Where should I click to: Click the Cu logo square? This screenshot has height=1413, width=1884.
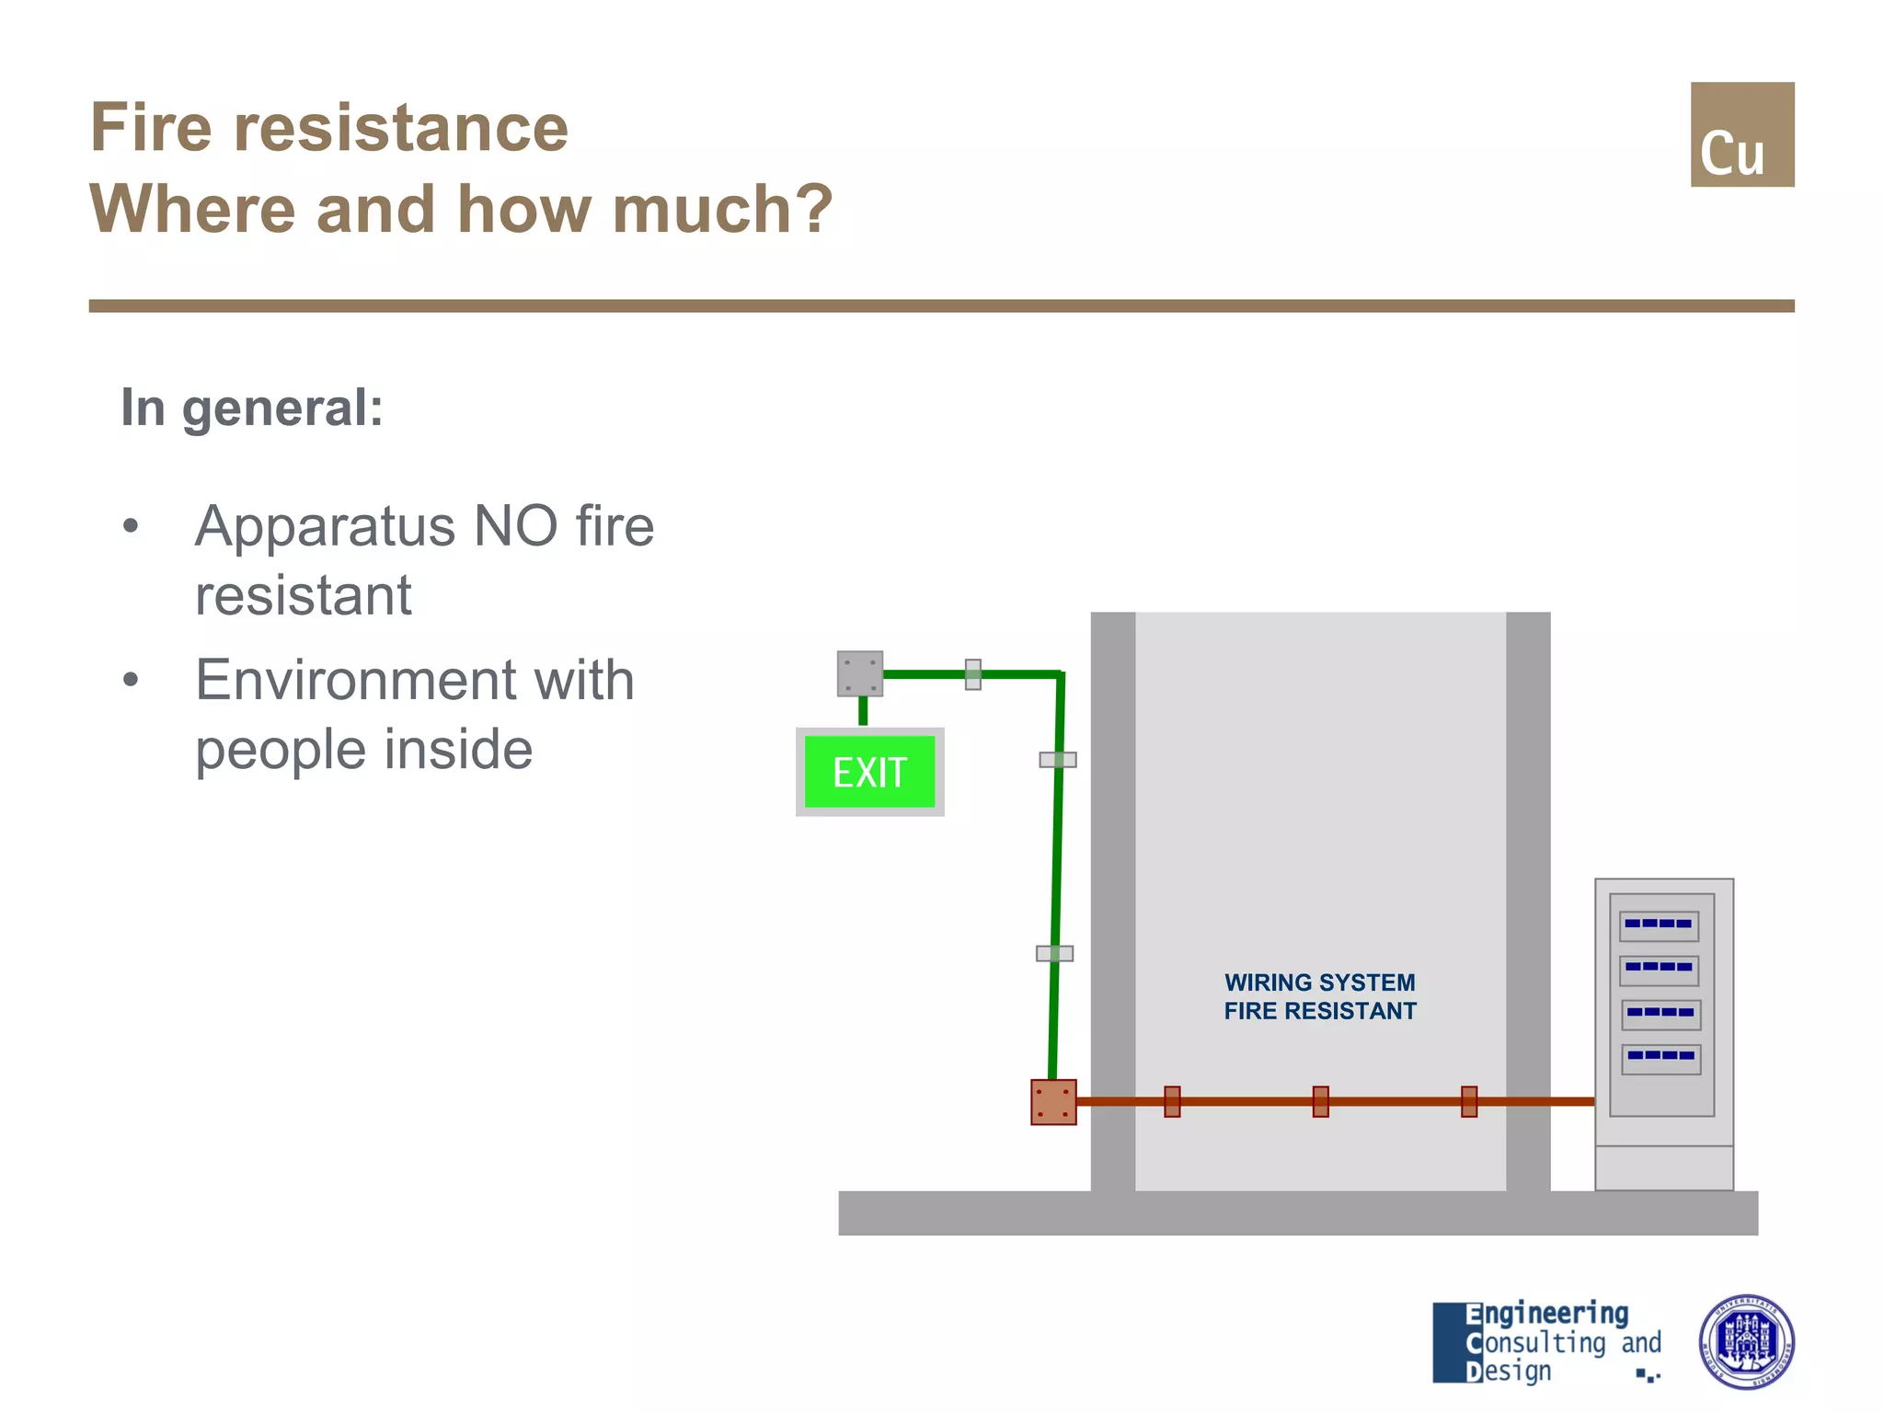pyautogui.click(x=1741, y=134)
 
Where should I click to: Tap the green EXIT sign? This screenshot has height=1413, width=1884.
pyautogui.click(x=869, y=772)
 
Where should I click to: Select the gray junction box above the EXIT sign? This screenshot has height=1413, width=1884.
pyautogui.click(x=860, y=673)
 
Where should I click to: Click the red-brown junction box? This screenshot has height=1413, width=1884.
pyautogui.click(x=1053, y=1102)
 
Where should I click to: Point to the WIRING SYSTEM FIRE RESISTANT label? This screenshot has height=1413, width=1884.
pyautogui.click(x=1319, y=996)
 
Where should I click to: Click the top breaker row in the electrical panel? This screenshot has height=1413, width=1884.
pyautogui.click(x=1659, y=925)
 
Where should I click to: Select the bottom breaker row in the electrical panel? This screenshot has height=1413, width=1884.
pyautogui.click(x=1660, y=1057)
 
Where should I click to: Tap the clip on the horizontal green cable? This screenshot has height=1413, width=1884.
pyautogui.click(x=972, y=674)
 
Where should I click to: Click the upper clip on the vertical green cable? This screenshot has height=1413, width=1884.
pyautogui.click(x=1058, y=760)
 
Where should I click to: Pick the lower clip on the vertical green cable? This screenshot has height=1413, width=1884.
pyautogui.click(x=1054, y=953)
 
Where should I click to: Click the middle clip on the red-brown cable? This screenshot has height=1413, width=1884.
pyautogui.click(x=1320, y=1101)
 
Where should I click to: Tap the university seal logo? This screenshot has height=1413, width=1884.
pyautogui.click(x=1745, y=1341)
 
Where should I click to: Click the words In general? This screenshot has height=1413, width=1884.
pyautogui.click(x=252, y=408)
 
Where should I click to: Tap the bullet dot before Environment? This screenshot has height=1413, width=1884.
pyautogui.click(x=131, y=680)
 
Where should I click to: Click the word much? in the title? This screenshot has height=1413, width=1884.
pyautogui.click(x=722, y=209)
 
